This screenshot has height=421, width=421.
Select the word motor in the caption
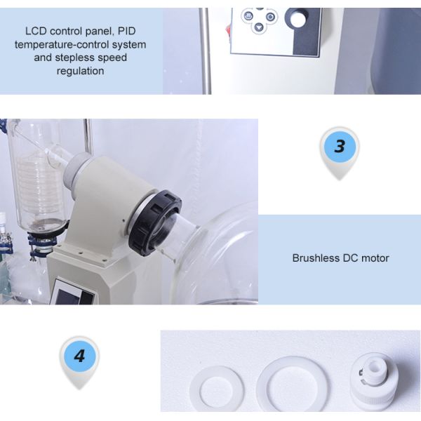(x=375, y=258)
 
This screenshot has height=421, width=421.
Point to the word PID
(x=126, y=31)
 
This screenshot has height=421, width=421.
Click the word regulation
(x=80, y=71)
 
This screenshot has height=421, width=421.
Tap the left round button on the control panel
(x=248, y=16)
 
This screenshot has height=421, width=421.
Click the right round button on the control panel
(x=270, y=17)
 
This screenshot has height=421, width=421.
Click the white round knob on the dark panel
(x=298, y=20)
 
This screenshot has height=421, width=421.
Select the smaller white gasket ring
(x=217, y=389)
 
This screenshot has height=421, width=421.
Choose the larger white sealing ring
(x=292, y=384)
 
